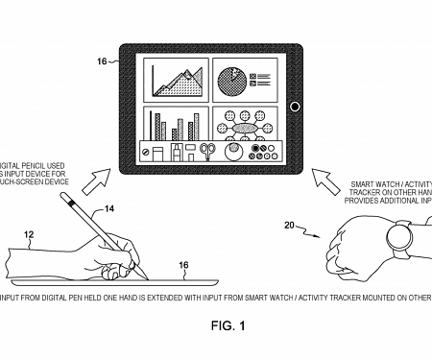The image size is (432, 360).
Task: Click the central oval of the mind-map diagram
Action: click(242, 129)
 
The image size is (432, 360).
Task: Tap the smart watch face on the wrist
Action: click(396, 235)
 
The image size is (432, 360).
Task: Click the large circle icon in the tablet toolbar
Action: click(233, 151)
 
